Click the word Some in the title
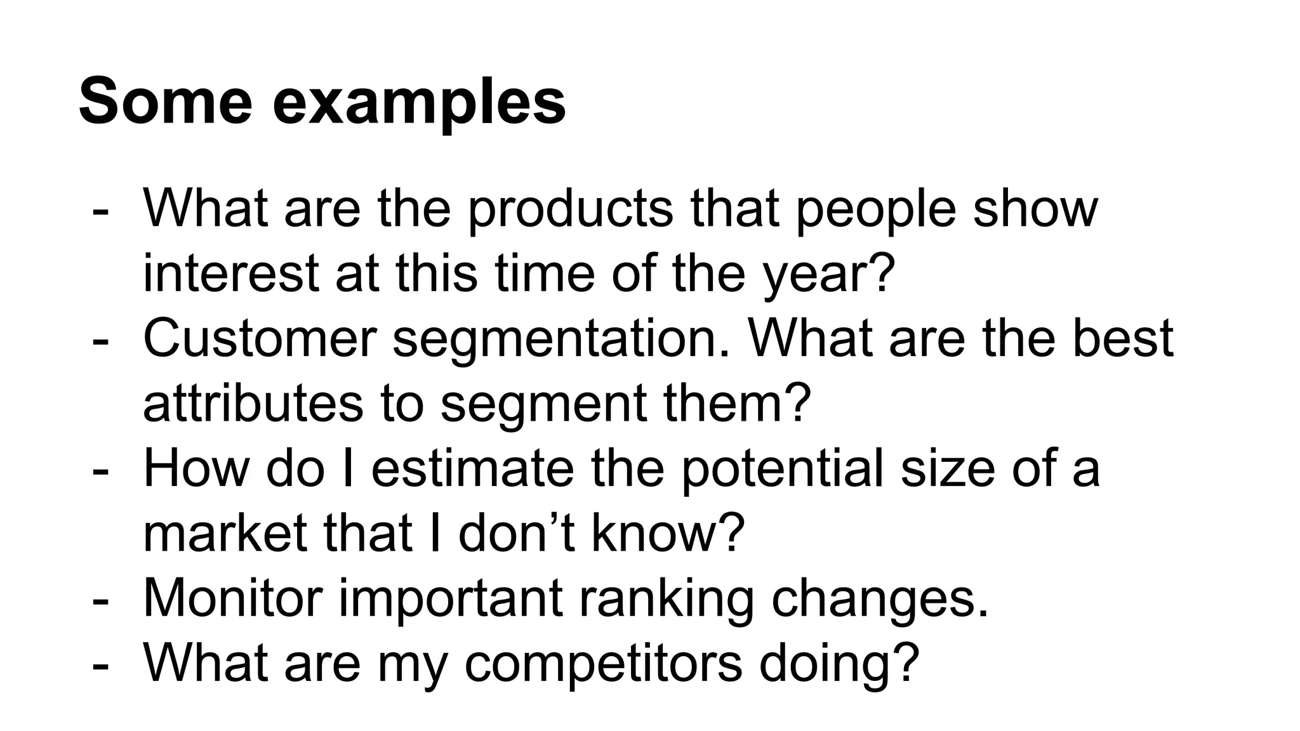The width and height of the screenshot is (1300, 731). [166, 102]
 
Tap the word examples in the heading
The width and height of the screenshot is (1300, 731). [419, 103]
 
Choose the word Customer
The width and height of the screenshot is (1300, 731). [260, 338]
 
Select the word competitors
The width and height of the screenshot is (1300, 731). [603, 663]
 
